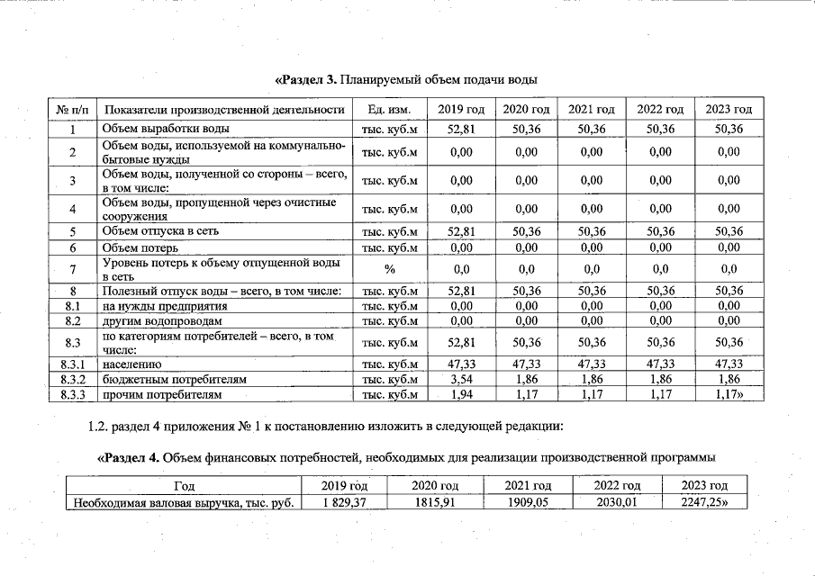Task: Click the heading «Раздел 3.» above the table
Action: pyautogui.click(x=305, y=80)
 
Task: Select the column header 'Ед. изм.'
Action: pyautogui.click(x=389, y=110)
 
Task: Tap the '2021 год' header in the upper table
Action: pyautogui.click(x=592, y=110)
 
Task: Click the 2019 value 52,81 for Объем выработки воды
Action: pyautogui.click(x=461, y=129)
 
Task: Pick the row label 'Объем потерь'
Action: pyautogui.click(x=140, y=247)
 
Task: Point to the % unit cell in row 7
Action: pyautogui.click(x=389, y=268)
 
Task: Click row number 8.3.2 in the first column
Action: pyautogui.click(x=72, y=380)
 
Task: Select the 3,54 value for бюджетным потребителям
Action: pyautogui.click(x=461, y=380)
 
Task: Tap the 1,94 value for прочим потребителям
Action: pyautogui.click(x=461, y=394)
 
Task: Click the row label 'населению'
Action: pyautogui.click(x=131, y=364)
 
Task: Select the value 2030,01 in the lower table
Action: pyautogui.click(x=617, y=502)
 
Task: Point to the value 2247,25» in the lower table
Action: pyautogui.click(x=706, y=502)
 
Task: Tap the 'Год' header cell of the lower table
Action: pyautogui.click(x=184, y=486)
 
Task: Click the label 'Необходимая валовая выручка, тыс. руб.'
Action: pyautogui.click(x=184, y=502)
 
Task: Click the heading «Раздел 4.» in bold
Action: pyautogui.click(x=130, y=457)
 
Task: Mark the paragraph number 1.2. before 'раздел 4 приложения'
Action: pyautogui.click(x=92, y=425)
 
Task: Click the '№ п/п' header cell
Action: pyautogui.click(x=72, y=110)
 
